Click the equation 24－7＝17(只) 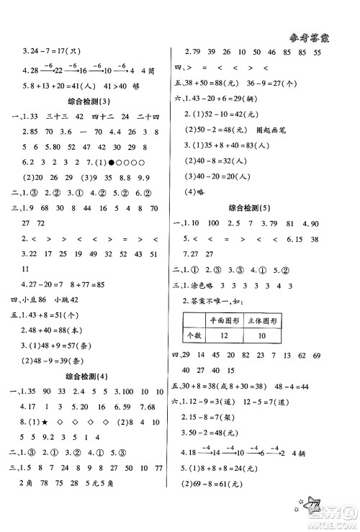(50, 51)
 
